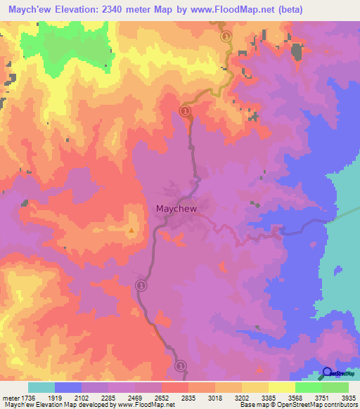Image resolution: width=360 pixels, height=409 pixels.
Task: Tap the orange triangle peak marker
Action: coord(131,230)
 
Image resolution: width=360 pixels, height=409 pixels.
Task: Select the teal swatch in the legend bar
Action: coord(41,388)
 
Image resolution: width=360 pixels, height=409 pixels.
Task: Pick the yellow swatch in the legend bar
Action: coord(255,388)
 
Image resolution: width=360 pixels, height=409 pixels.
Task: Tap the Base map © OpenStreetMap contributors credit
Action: coord(298,404)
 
